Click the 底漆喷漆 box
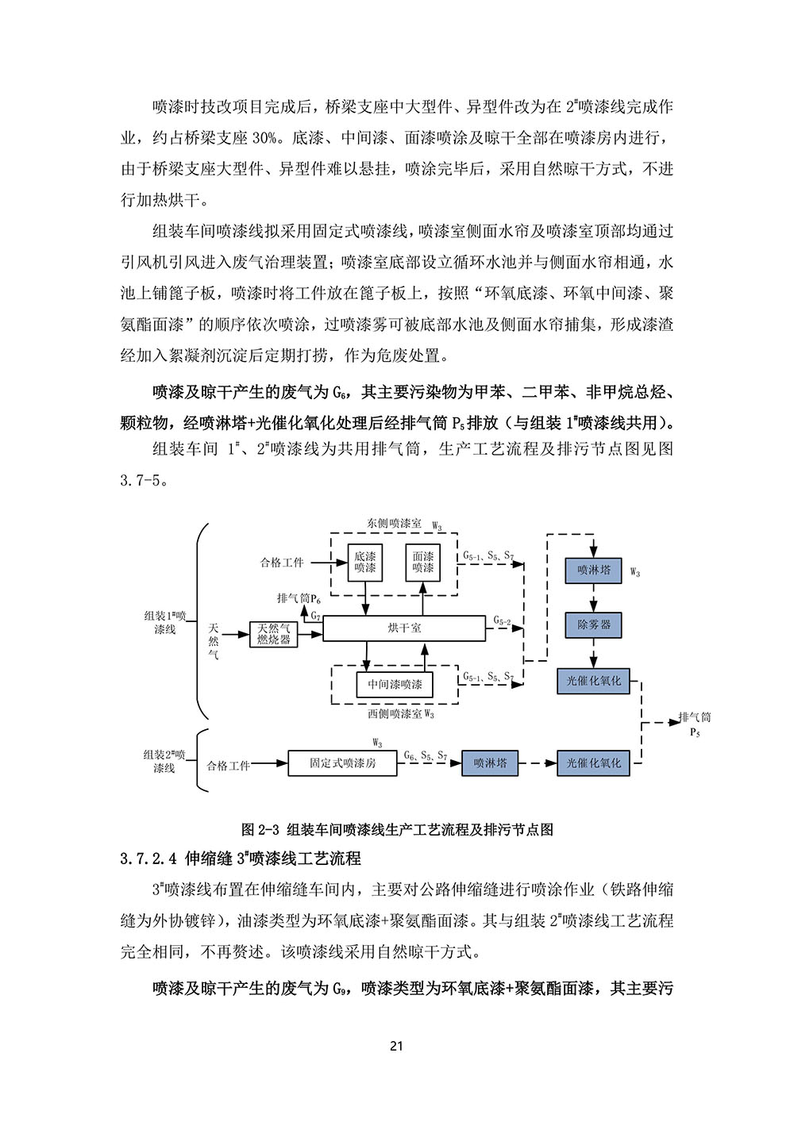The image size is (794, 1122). (365, 562)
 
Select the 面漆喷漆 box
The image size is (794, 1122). (423, 562)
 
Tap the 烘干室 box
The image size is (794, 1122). (404, 628)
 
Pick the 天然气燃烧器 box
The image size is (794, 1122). (274, 634)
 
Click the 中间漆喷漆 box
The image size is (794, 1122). (395, 684)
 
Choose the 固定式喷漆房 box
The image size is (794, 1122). (342, 763)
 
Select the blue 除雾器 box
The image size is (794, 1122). (593, 624)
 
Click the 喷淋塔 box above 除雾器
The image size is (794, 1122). (593, 570)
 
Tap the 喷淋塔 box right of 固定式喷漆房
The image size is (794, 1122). (490, 763)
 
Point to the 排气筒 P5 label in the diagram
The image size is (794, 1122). (695, 724)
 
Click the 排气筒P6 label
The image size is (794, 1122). (299, 598)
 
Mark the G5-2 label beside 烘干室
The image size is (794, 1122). (502, 621)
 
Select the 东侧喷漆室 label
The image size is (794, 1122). (394, 524)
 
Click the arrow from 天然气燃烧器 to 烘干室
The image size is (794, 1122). (310, 635)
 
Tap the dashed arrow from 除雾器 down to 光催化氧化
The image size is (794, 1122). (593, 653)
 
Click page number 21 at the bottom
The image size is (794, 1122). (396, 1045)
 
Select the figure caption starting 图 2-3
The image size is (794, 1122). (397, 829)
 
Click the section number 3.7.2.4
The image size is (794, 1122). (148, 859)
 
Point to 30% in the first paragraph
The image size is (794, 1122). (264, 138)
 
